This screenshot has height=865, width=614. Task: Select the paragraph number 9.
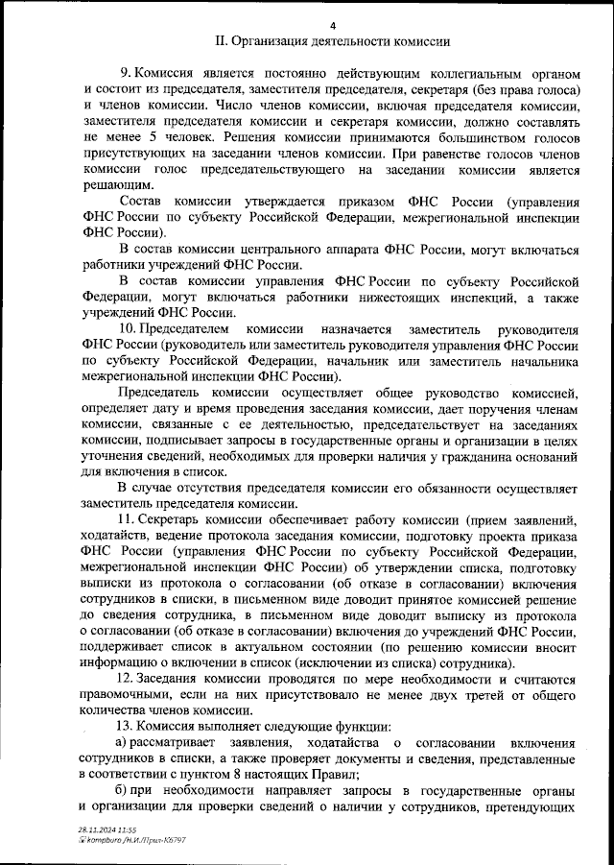(x=124, y=73)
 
